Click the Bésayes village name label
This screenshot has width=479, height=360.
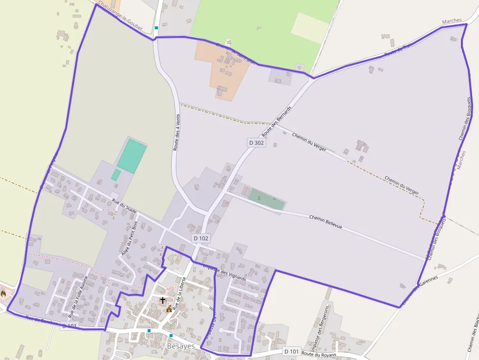tap(181, 346)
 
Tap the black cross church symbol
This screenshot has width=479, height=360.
tap(163, 300)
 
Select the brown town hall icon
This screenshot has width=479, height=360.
tap(169, 309)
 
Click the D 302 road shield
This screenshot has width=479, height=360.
tap(256, 143)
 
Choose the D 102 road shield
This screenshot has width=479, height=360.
tap(201, 238)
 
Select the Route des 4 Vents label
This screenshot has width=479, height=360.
tap(176, 131)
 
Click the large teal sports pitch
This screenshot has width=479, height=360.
tap(131, 156)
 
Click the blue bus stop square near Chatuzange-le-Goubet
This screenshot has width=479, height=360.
tap(156, 28)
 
